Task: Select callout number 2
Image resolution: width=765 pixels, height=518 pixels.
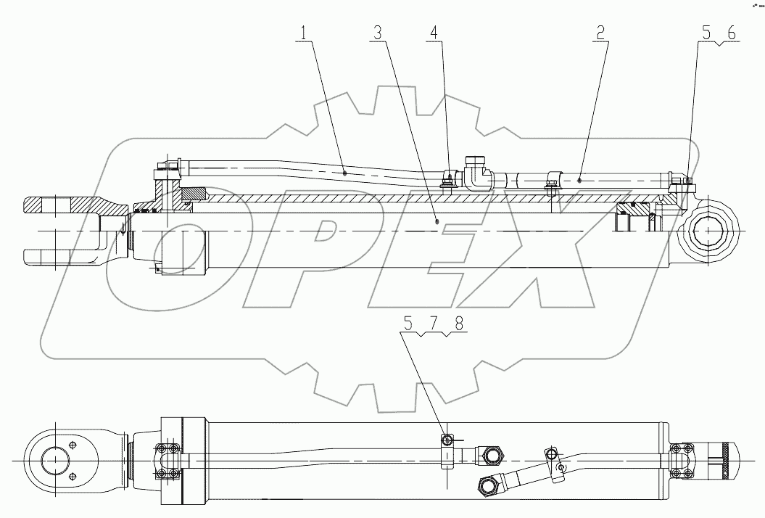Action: (600, 32)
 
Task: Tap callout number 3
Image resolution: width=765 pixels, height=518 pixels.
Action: (377, 32)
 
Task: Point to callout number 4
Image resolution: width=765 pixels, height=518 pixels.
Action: (434, 32)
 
